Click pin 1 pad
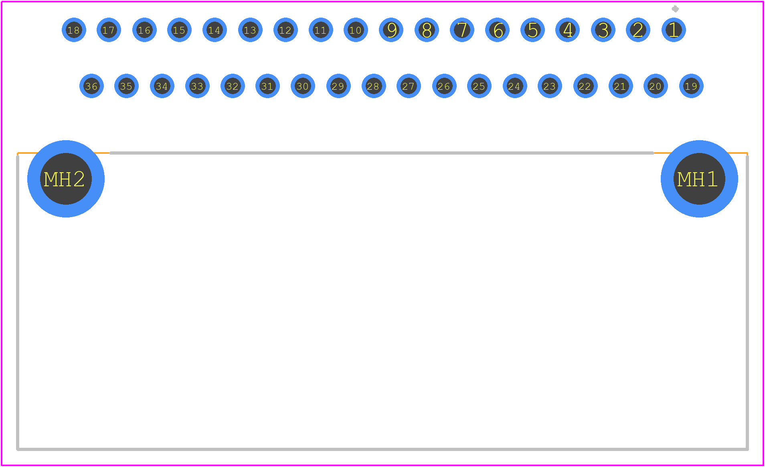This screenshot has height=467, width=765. (x=674, y=30)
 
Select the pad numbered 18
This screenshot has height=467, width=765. (x=74, y=30)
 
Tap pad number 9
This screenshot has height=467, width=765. (x=391, y=30)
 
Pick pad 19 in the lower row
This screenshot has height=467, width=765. (x=691, y=86)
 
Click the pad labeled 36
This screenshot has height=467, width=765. (x=91, y=86)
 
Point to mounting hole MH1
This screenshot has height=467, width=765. (x=699, y=179)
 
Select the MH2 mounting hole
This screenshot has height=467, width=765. (x=66, y=179)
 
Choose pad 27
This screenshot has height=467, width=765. (x=409, y=86)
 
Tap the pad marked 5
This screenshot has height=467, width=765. (x=532, y=30)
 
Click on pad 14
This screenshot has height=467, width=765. (x=215, y=30)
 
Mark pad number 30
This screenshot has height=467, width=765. (x=303, y=86)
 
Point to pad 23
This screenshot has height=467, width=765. (x=550, y=86)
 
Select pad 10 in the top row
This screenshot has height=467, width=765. (x=356, y=30)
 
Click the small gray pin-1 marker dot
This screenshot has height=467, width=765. (x=675, y=9)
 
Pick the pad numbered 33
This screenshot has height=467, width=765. (x=197, y=86)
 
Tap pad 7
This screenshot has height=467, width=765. (x=462, y=30)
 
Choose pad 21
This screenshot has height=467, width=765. (x=621, y=86)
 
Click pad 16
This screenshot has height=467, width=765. (x=144, y=30)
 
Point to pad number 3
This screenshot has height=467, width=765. (x=603, y=30)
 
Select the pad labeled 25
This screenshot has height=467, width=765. (x=479, y=86)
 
